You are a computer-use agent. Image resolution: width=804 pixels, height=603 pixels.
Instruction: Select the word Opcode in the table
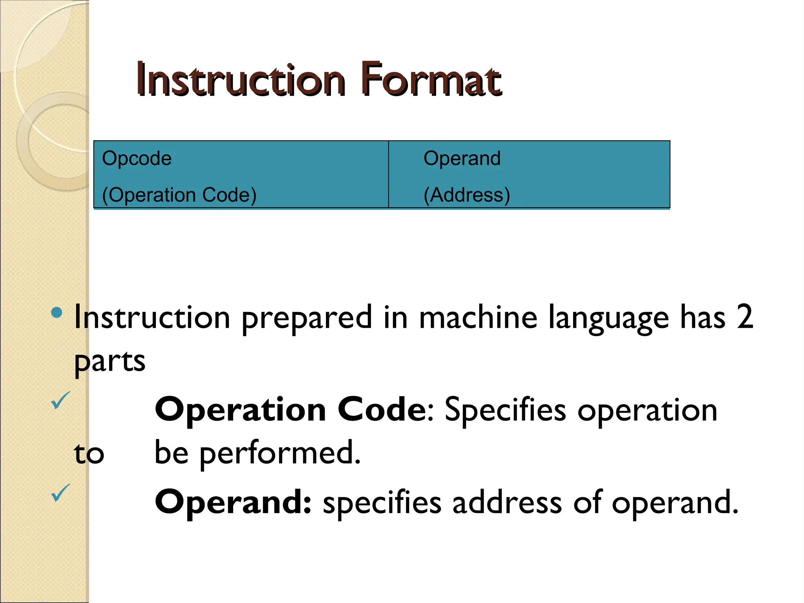(137, 159)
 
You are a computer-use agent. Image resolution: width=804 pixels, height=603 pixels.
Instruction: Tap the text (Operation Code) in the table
(179, 195)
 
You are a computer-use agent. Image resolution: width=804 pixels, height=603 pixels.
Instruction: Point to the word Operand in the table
(462, 159)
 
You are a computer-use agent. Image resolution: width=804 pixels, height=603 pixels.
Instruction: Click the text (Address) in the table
(467, 195)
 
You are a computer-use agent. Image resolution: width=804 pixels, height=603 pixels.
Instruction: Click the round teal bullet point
(57, 312)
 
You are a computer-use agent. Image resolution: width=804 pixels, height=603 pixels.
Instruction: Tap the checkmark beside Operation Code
(60, 401)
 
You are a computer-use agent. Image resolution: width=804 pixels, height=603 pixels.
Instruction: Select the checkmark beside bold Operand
(60, 493)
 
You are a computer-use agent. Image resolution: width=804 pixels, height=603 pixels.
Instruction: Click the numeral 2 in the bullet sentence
(745, 317)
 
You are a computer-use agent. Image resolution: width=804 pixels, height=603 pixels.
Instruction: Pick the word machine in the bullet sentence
(478, 317)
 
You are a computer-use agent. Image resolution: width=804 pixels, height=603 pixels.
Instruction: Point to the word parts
(110, 362)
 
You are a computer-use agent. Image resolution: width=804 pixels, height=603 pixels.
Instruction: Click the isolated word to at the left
(89, 454)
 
